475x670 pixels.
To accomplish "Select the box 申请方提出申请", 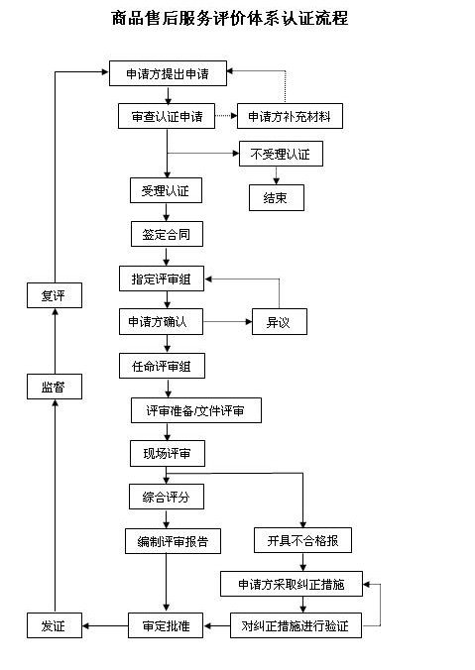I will pos(168,73).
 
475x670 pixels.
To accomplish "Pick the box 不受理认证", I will pos(281,155).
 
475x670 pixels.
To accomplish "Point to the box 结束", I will pos(276,198).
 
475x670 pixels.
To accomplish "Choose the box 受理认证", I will pos(166,190).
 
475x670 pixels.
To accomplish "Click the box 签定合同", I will pos(166,234).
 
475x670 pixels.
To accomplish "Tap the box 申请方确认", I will pos(165,322).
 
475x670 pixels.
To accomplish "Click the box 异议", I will pos(279,322).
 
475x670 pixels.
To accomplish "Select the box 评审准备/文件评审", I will pos(196,410).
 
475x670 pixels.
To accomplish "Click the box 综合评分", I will pos(166,496).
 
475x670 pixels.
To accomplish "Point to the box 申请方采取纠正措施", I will pos(292,583).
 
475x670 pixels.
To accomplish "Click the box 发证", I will pos(53,625).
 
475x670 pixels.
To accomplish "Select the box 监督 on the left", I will pos(53,388).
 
